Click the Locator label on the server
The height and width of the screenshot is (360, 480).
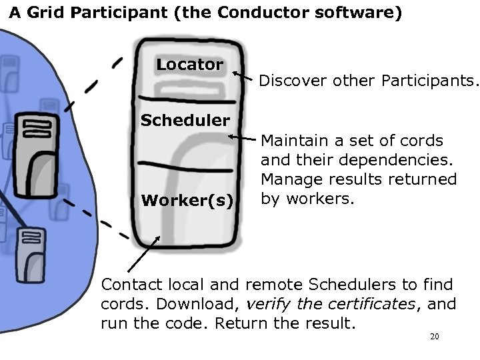pos(190,65)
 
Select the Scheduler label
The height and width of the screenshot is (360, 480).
pos(185,121)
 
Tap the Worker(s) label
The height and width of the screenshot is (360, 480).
pos(188,201)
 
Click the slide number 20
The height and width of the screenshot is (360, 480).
pos(434,337)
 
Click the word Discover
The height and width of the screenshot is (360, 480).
pos(289,81)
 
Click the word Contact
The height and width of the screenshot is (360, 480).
pos(131,285)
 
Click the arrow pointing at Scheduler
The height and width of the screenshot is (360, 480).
pos(245,138)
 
